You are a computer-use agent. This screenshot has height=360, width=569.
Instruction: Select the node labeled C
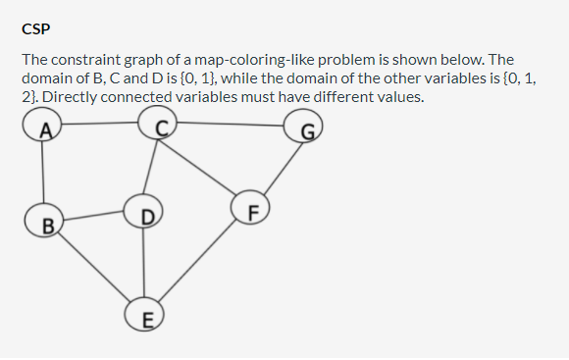coord(159,123)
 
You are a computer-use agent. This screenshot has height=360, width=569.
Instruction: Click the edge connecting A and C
coord(100,124)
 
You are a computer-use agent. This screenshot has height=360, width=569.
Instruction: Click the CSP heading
coord(34,27)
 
